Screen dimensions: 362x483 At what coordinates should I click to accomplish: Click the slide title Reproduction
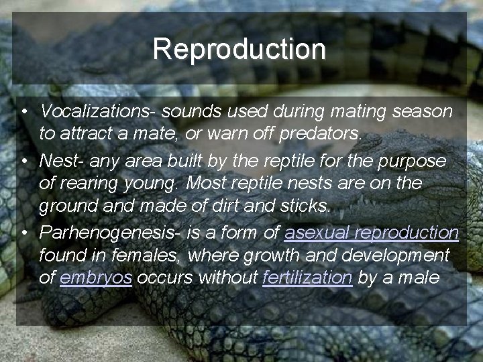tap(239, 49)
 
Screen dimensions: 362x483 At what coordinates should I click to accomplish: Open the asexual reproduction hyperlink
tap(371, 233)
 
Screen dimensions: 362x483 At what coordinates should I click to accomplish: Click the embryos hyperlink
tap(95, 278)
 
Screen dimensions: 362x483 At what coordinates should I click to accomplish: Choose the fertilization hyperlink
tap(307, 278)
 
